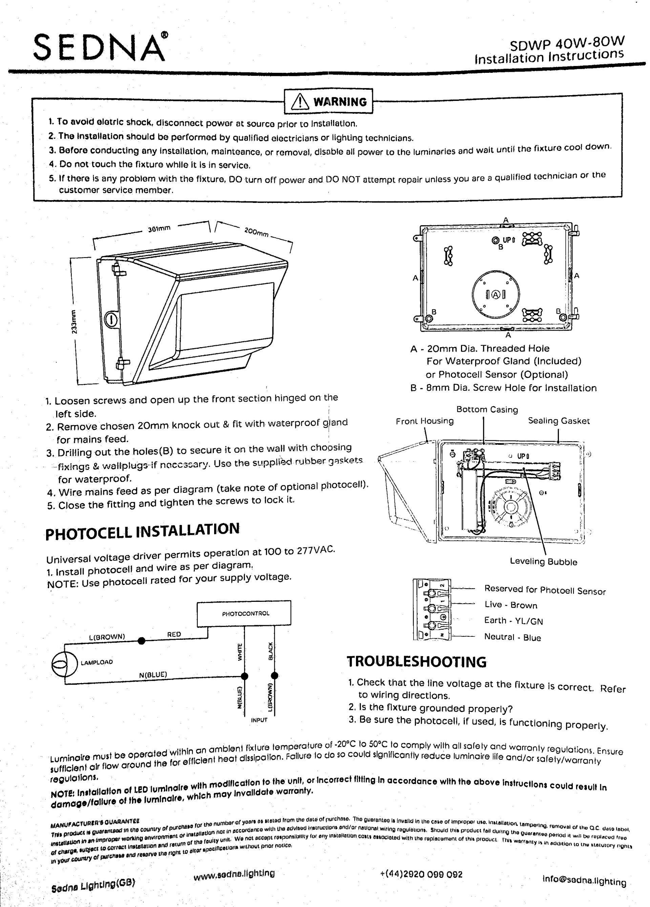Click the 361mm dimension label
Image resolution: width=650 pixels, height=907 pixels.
point(159,229)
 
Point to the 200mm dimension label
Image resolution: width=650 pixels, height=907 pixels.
point(256,232)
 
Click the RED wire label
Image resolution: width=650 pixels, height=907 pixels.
point(174,634)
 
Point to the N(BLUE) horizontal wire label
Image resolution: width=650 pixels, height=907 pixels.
point(153,675)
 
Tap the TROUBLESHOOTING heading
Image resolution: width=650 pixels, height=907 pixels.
point(416,661)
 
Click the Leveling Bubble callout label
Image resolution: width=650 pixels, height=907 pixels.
point(543,562)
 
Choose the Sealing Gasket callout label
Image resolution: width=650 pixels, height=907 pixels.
point(559,421)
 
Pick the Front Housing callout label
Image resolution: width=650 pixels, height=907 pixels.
point(424,421)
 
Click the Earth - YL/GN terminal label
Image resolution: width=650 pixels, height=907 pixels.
point(513,621)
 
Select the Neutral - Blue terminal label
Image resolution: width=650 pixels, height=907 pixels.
point(512,637)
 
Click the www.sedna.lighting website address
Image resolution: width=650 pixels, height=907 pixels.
point(234,874)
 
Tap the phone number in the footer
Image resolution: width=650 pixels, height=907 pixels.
point(421,874)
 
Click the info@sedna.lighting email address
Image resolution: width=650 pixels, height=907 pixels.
point(584,880)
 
